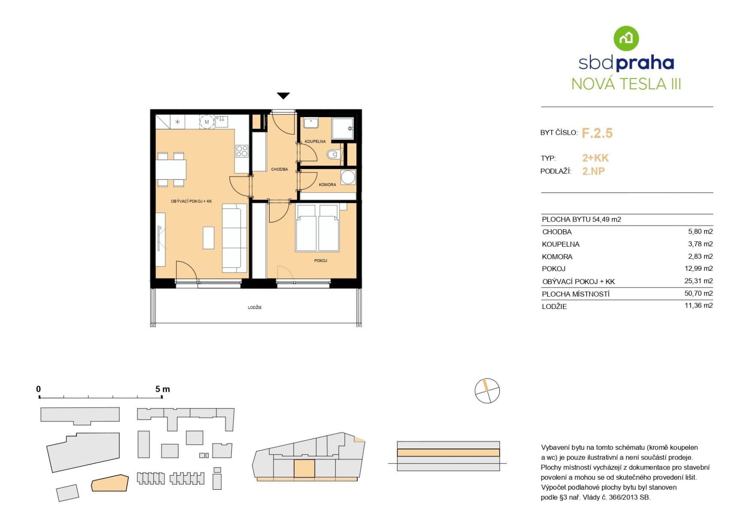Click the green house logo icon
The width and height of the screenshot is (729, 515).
coord(626,38)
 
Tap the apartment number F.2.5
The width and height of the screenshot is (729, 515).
coord(597,133)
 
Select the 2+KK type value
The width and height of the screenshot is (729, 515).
coord(595,158)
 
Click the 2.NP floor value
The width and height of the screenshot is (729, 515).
coord(593,171)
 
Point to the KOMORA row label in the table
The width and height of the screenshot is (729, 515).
coord(557,257)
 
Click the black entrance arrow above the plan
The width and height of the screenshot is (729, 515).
coord(283,96)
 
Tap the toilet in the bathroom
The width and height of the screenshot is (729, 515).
coord(333,154)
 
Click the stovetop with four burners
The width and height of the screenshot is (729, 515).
coord(242,151)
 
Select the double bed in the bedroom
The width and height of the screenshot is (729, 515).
coord(317,228)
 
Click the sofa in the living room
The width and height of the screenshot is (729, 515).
coord(234,238)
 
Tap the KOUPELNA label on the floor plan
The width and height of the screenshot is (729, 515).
coord(315,141)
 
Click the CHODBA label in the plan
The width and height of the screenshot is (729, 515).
coord(279,170)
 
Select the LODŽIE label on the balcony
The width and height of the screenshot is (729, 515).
coord(255,308)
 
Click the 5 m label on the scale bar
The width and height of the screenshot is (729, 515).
coord(162,389)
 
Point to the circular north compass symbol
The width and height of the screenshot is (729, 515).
coord(487,391)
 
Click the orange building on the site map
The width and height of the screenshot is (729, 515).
coord(110,483)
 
